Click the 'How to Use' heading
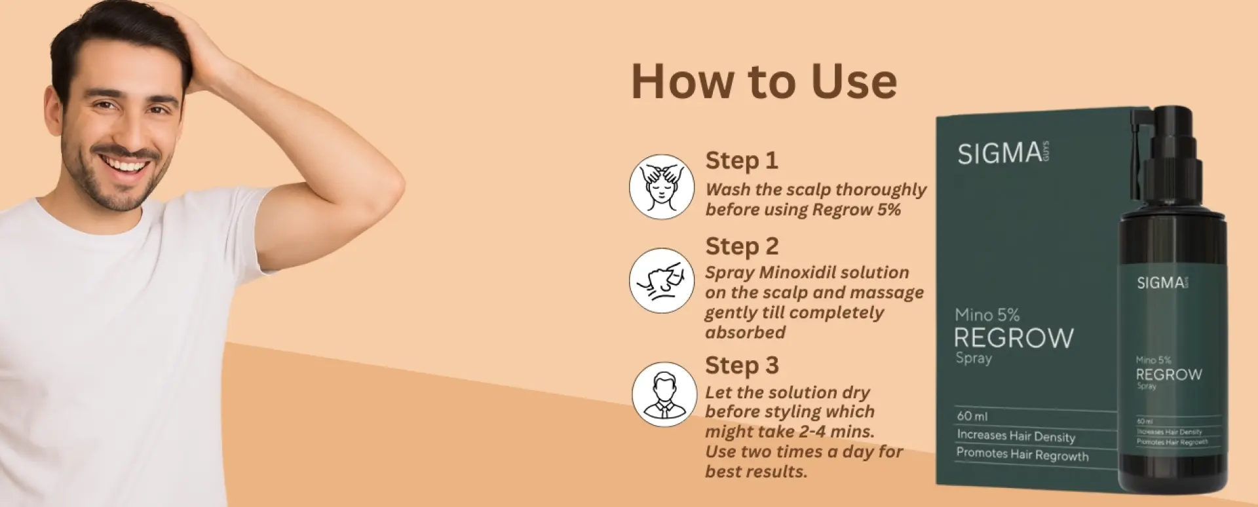tap(763, 82)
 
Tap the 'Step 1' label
tap(741, 160)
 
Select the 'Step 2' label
tap(742, 246)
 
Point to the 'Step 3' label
tap(742, 366)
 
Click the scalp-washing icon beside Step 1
tap(662, 187)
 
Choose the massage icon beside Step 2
tap(662, 280)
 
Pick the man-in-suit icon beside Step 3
tap(664, 394)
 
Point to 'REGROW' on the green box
tap(1014, 338)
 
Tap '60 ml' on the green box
tap(972, 416)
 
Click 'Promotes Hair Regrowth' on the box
tap(1022, 454)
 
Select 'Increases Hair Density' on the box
tap(1016, 436)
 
